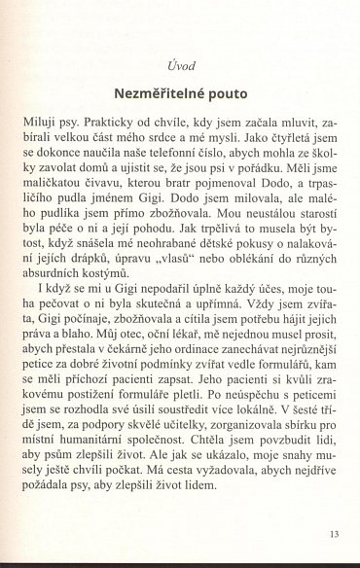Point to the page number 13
tap(334, 533)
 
